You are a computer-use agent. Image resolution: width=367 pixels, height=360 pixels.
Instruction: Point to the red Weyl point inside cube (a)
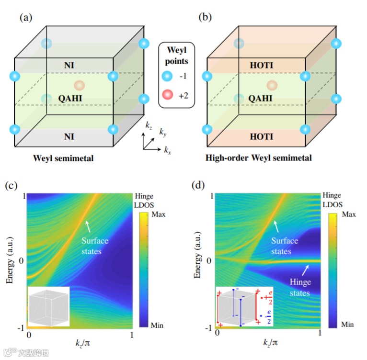click(80, 86)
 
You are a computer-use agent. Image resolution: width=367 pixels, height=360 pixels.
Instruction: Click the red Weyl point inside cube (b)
click(272, 86)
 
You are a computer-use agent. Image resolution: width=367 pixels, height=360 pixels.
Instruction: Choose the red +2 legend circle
click(167, 95)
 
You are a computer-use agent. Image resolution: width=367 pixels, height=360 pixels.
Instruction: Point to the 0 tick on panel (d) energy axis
click(209, 261)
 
